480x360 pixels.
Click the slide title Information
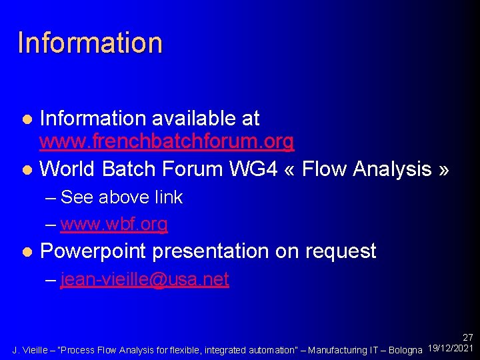90,42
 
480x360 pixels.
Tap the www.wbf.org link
114,224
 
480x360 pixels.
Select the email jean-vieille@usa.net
145,279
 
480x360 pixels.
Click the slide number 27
468,338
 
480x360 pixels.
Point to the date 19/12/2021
451,349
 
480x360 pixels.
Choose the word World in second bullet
68,169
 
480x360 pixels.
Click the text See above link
121,197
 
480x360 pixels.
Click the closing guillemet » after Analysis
443,170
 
